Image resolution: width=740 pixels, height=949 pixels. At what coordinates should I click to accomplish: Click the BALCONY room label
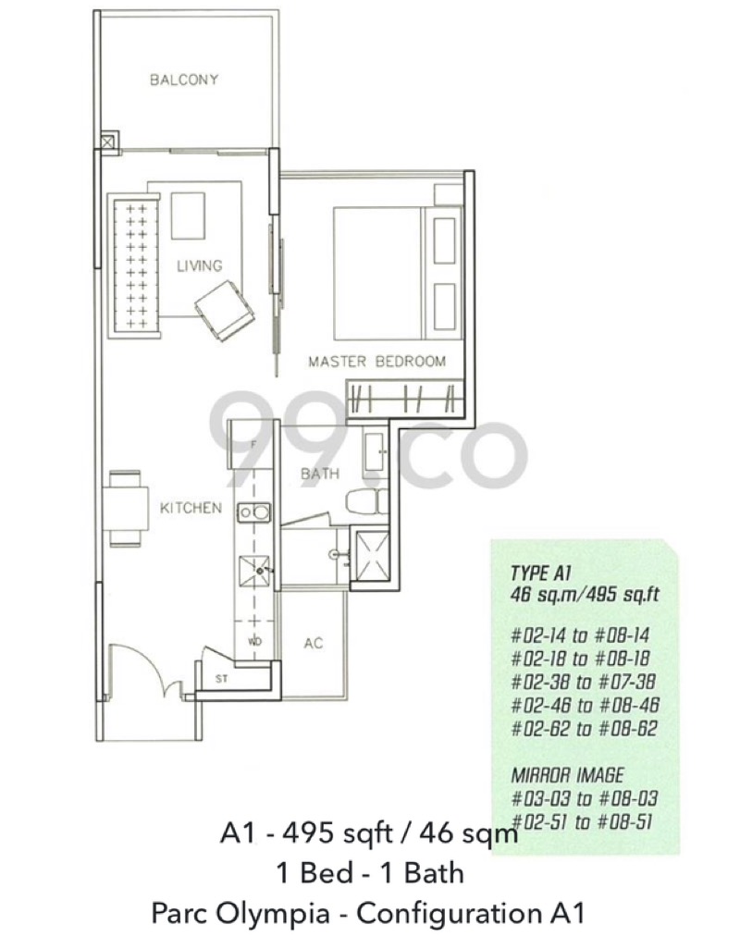pyautogui.click(x=184, y=80)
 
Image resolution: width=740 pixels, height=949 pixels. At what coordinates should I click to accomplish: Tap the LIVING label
pyautogui.click(x=199, y=265)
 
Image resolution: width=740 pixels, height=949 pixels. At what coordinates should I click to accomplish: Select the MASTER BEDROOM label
pyautogui.click(x=377, y=362)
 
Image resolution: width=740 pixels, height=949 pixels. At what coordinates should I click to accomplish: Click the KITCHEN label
pyautogui.click(x=191, y=507)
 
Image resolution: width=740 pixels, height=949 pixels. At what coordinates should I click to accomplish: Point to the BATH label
pyautogui.click(x=320, y=474)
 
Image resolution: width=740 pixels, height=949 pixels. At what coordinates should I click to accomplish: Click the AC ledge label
pyautogui.click(x=313, y=643)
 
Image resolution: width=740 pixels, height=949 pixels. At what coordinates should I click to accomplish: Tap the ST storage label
pyautogui.click(x=221, y=679)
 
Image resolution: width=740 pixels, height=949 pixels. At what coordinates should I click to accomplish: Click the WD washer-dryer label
pyautogui.click(x=254, y=642)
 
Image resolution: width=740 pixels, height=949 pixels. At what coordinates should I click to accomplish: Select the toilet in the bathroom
pyautogui.click(x=367, y=501)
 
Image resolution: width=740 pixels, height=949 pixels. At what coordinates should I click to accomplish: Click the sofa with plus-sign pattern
pyautogui.click(x=134, y=265)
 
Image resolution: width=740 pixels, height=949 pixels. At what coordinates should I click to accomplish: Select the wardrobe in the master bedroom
pyautogui.click(x=404, y=399)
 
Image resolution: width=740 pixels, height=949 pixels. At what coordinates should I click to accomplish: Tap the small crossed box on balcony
pyautogui.click(x=107, y=142)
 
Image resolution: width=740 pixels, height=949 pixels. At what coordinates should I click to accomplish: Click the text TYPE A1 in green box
pyautogui.click(x=541, y=573)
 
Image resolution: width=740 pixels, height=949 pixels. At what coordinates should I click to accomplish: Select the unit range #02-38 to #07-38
pyautogui.click(x=584, y=682)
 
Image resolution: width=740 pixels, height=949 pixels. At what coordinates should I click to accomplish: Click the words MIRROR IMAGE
pyautogui.click(x=567, y=775)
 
